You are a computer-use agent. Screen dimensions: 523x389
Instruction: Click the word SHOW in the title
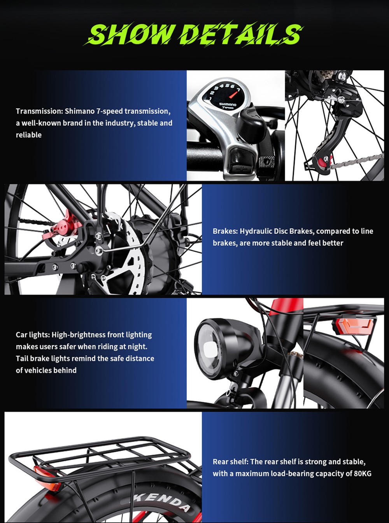(x=130, y=34)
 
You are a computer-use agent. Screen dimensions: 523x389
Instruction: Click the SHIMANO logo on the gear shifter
(x=228, y=104)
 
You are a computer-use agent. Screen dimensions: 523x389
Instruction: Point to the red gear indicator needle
(x=234, y=94)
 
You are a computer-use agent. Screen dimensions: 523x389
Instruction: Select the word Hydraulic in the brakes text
(x=256, y=231)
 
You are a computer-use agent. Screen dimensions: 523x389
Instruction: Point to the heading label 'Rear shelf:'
(x=230, y=462)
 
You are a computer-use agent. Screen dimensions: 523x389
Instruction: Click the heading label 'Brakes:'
(x=225, y=231)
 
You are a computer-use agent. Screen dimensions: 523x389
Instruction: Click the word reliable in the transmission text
(x=28, y=135)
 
